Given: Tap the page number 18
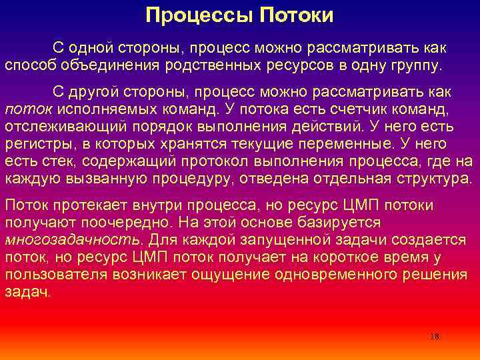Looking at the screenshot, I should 435,337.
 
